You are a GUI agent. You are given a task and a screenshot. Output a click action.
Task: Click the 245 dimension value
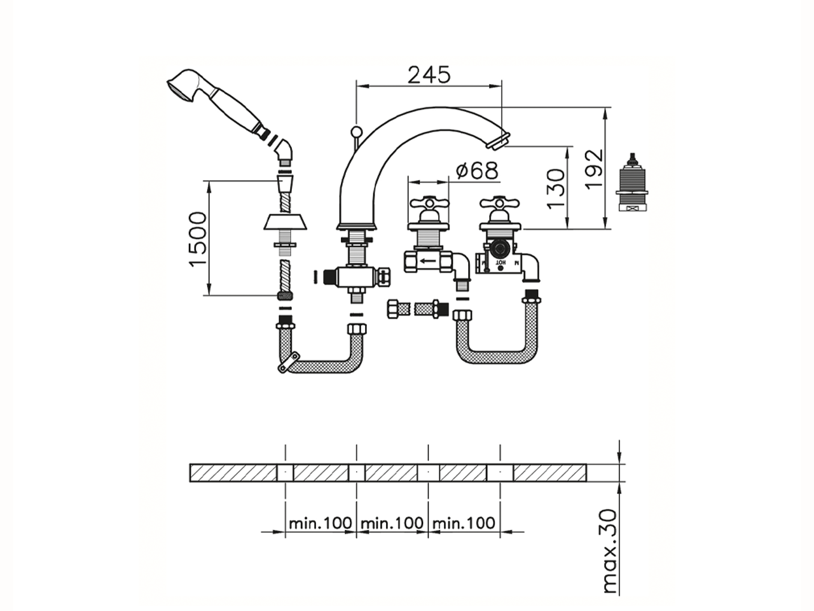pyautogui.click(x=429, y=74)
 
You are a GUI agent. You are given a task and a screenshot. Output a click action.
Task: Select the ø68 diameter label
pyautogui.click(x=477, y=170)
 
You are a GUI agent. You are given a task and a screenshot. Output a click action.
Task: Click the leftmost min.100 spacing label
pyautogui.click(x=320, y=523)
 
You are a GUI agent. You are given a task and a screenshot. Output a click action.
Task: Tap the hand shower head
pyautogui.click(x=181, y=85)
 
